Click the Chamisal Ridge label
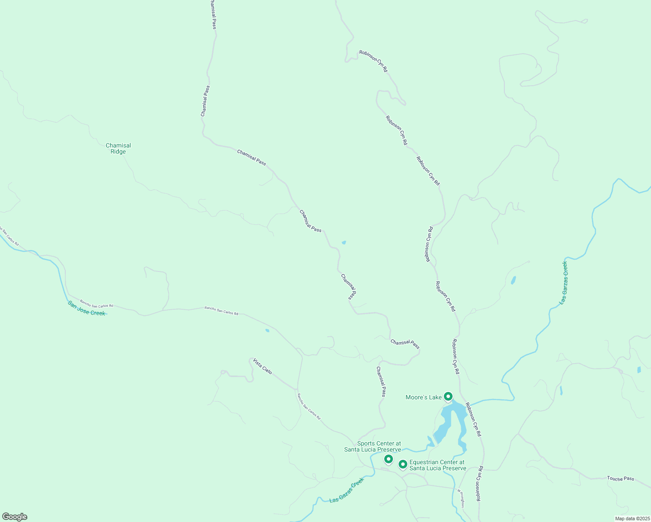(x=118, y=149)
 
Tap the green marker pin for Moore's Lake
(x=448, y=396)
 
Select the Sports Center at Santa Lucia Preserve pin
(x=388, y=459)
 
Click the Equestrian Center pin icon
(x=403, y=464)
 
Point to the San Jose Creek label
(x=87, y=308)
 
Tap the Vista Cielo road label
(x=262, y=366)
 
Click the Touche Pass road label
(x=621, y=478)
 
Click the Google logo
(x=15, y=517)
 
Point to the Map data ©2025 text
(x=632, y=519)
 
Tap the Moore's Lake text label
(x=423, y=397)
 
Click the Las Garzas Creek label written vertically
(x=564, y=283)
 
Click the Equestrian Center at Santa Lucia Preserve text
(x=437, y=465)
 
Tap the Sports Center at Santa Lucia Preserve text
(x=372, y=446)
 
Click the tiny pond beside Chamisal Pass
(x=344, y=242)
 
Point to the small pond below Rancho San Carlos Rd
(x=267, y=331)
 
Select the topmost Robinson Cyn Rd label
(x=373, y=61)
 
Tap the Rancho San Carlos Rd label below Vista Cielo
(x=309, y=406)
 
